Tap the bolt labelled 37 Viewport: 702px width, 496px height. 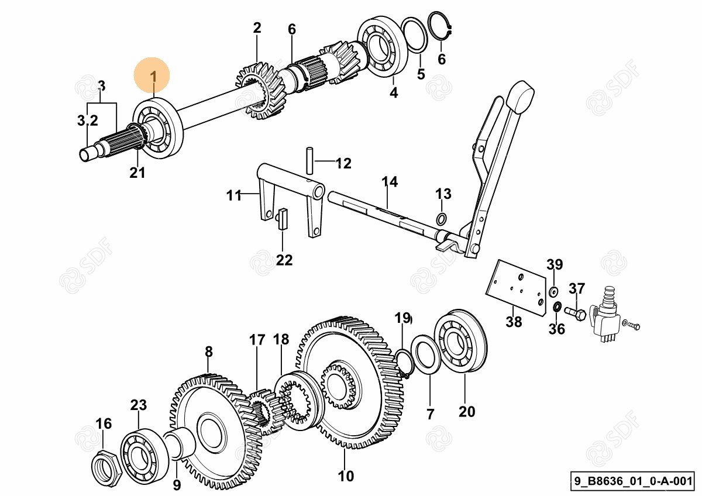(x=574, y=314)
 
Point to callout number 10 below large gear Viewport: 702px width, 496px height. (x=346, y=476)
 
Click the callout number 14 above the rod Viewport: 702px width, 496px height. (x=390, y=182)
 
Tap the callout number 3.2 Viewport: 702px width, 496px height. (x=88, y=121)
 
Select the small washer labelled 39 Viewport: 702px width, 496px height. (x=553, y=290)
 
